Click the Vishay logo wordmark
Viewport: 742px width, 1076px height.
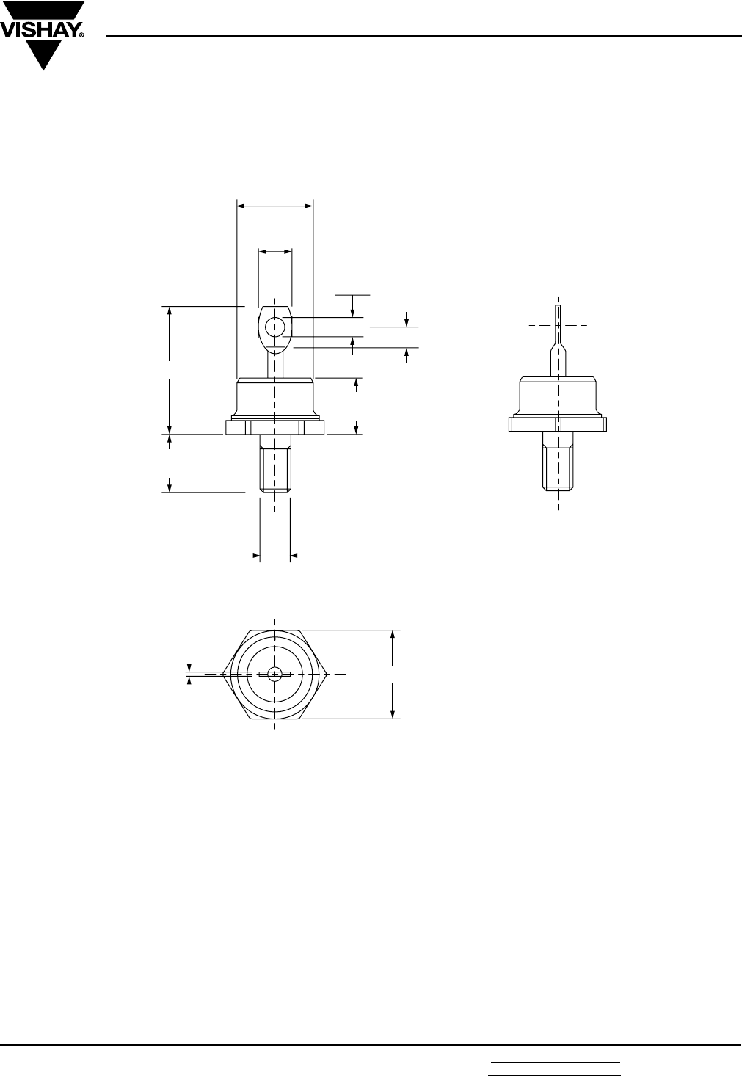[40, 32]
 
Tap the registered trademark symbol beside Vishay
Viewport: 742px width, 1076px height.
[82, 35]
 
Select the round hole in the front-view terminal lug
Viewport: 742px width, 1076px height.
[274, 327]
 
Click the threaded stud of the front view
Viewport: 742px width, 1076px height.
[275, 464]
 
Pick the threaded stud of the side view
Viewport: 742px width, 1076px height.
[558, 461]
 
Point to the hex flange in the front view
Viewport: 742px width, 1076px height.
[275, 427]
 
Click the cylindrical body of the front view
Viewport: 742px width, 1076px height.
[275, 399]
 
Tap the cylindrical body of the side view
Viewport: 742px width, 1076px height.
[558, 396]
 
